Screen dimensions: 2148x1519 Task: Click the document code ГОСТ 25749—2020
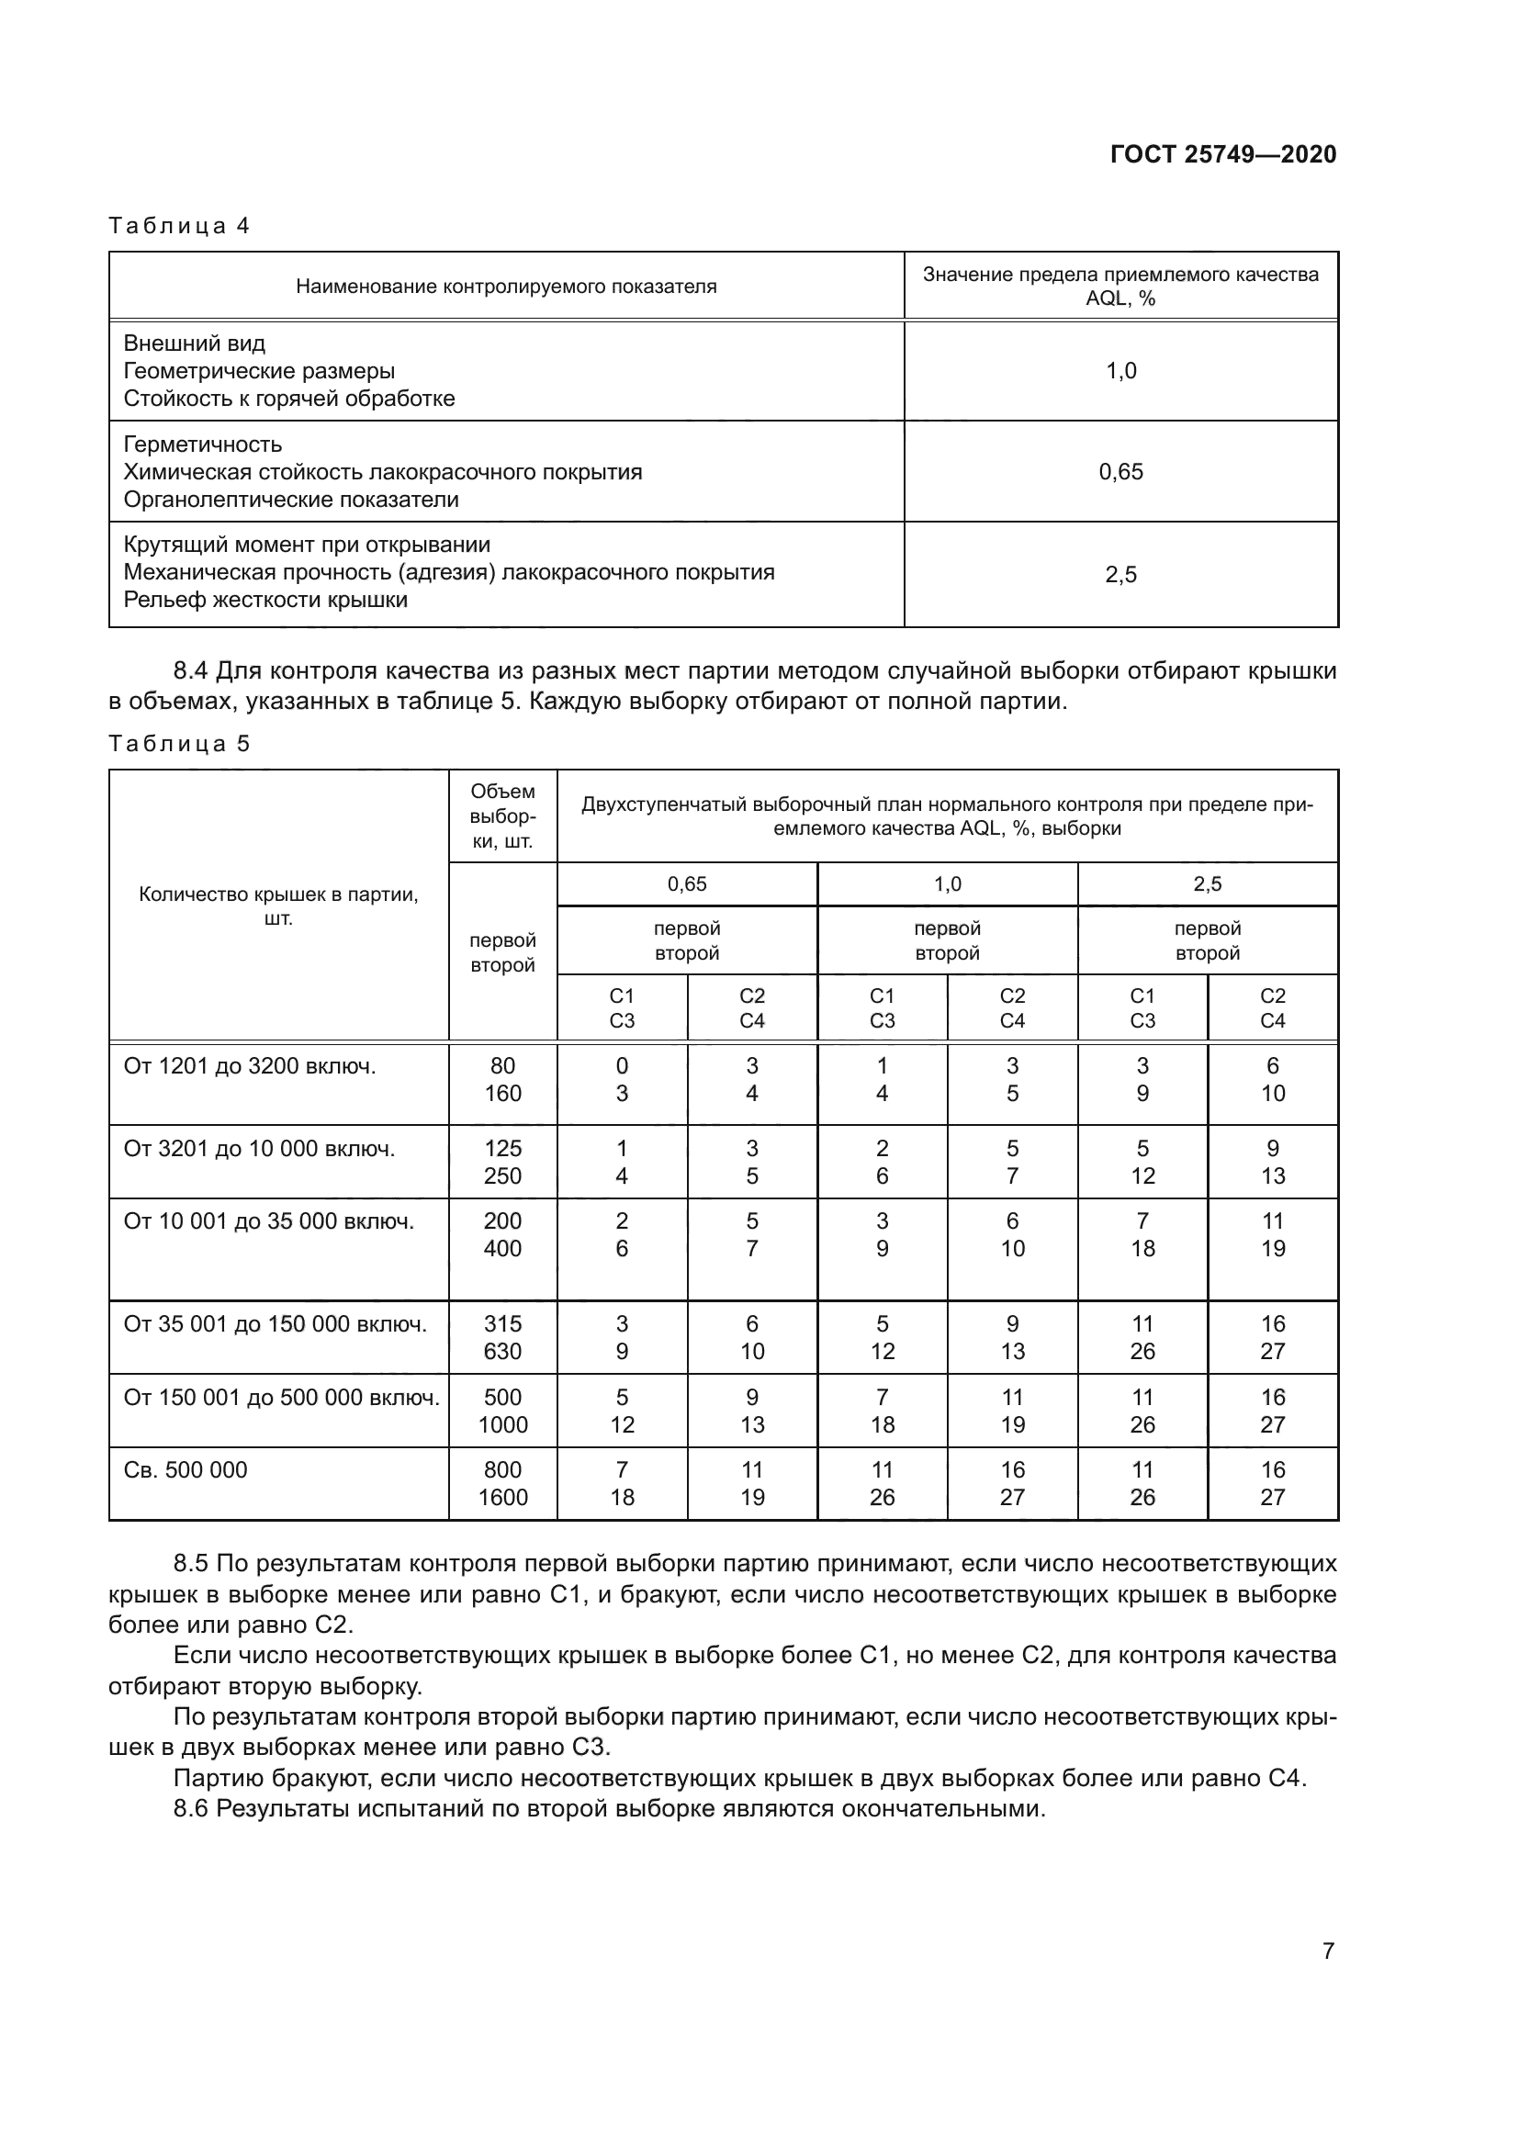click(1222, 154)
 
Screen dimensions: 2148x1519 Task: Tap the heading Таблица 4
click(179, 226)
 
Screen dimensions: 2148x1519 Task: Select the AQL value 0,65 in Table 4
click(1120, 471)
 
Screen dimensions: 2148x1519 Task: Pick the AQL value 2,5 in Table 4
click(1120, 574)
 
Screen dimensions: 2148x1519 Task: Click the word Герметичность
click(202, 444)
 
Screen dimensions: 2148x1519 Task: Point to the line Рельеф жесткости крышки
click(265, 600)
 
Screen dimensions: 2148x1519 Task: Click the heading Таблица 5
click(179, 744)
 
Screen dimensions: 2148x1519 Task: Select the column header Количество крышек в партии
click(279, 905)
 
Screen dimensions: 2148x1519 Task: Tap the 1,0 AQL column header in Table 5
click(947, 884)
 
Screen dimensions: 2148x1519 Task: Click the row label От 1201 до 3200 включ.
click(250, 1065)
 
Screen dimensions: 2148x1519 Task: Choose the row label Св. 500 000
click(186, 1469)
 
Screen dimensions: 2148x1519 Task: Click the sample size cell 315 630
click(502, 1337)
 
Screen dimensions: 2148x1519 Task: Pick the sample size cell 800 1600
click(502, 1483)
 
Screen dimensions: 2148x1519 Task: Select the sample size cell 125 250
click(502, 1162)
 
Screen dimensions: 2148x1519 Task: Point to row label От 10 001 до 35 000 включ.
click(268, 1220)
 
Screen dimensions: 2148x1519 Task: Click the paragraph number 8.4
click(191, 670)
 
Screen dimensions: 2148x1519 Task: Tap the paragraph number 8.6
click(191, 1808)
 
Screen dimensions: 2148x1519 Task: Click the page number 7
click(1328, 1951)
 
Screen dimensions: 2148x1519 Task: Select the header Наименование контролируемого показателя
click(506, 287)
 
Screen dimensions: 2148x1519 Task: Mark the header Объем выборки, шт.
click(502, 815)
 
